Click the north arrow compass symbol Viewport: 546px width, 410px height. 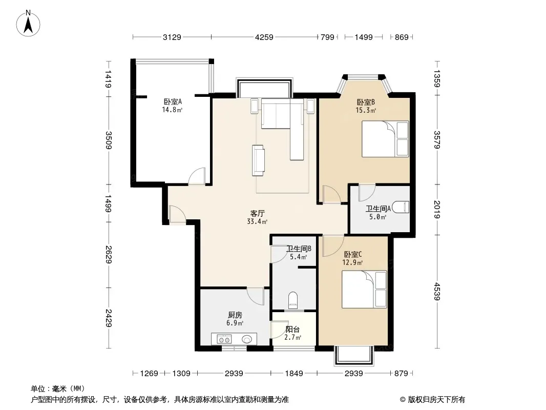[28, 24]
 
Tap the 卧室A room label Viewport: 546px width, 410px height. [173, 101]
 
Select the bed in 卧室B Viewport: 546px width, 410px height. [385, 139]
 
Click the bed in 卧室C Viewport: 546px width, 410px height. [364, 290]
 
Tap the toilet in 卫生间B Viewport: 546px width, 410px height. [293, 300]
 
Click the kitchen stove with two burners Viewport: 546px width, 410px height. [224, 339]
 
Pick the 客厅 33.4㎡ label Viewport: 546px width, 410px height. [257, 217]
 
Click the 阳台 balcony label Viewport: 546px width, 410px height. [292, 329]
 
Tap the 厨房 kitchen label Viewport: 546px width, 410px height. [235, 315]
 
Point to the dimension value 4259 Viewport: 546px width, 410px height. [264, 37]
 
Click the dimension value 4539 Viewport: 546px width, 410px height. [437, 291]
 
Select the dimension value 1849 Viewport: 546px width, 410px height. [294, 374]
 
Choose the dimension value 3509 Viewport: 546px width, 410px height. [108, 140]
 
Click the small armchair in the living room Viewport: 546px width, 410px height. [258, 160]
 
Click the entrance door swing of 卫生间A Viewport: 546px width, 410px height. [367, 193]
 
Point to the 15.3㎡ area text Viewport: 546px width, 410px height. [366, 110]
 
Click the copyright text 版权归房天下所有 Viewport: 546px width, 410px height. [436, 400]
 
